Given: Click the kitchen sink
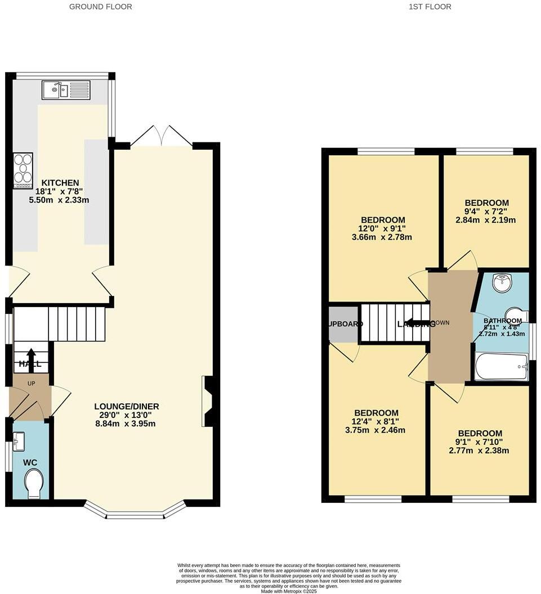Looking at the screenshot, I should click(x=65, y=89).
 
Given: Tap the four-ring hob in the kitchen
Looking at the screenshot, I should click(x=23, y=169).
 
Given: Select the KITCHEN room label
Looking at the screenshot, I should click(x=59, y=183).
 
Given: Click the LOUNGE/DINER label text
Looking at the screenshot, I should click(x=126, y=406).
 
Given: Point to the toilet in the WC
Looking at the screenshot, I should click(x=34, y=484).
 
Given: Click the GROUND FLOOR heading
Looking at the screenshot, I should click(x=101, y=7).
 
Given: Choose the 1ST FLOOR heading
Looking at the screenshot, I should click(x=430, y=7).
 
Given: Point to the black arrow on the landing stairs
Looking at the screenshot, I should click(x=417, y=323).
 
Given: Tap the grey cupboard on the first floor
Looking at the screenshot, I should click(x=343, y=325).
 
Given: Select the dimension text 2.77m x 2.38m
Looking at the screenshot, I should click(x=479, y=451).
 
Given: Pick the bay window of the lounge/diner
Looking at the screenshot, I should click(x=135, y=511).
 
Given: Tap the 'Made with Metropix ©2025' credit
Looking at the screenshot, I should click(x=289, y=591).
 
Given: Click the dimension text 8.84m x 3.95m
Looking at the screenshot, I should click(x=126, y=424).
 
